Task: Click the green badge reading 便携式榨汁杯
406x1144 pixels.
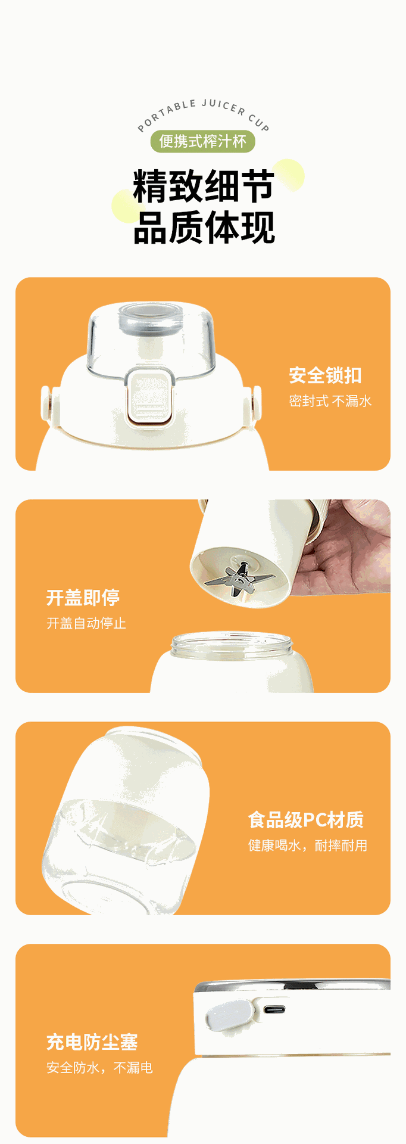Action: point(202,142)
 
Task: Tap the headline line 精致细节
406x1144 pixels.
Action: point(204,186)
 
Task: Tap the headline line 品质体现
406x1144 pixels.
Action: point(204,228)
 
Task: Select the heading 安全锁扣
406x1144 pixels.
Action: point(325,375)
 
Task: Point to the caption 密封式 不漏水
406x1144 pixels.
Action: point(330,401)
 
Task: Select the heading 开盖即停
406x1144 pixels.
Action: point(83,598)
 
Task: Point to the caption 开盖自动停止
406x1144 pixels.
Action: point(86,623)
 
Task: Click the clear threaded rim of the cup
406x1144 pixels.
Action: point(232,645)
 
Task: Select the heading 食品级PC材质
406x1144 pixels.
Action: point(306,820)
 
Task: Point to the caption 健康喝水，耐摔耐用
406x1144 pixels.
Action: point(308,845)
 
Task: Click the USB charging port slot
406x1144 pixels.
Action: point(275,1010)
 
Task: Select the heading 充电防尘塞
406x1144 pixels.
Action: point(92,1042)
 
